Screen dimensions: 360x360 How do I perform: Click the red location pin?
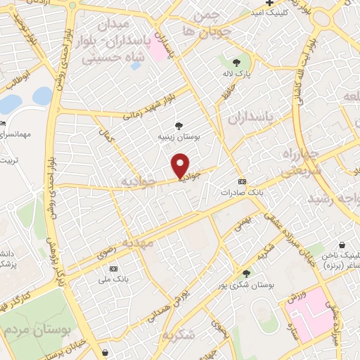tap(181, 165)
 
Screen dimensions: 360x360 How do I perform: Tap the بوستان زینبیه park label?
tap(179, 139)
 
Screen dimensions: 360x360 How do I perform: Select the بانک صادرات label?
tap(241, 191)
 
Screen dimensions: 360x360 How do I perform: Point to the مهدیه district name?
tap(136, 241)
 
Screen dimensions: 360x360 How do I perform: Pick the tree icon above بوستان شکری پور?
tap(245, 273)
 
